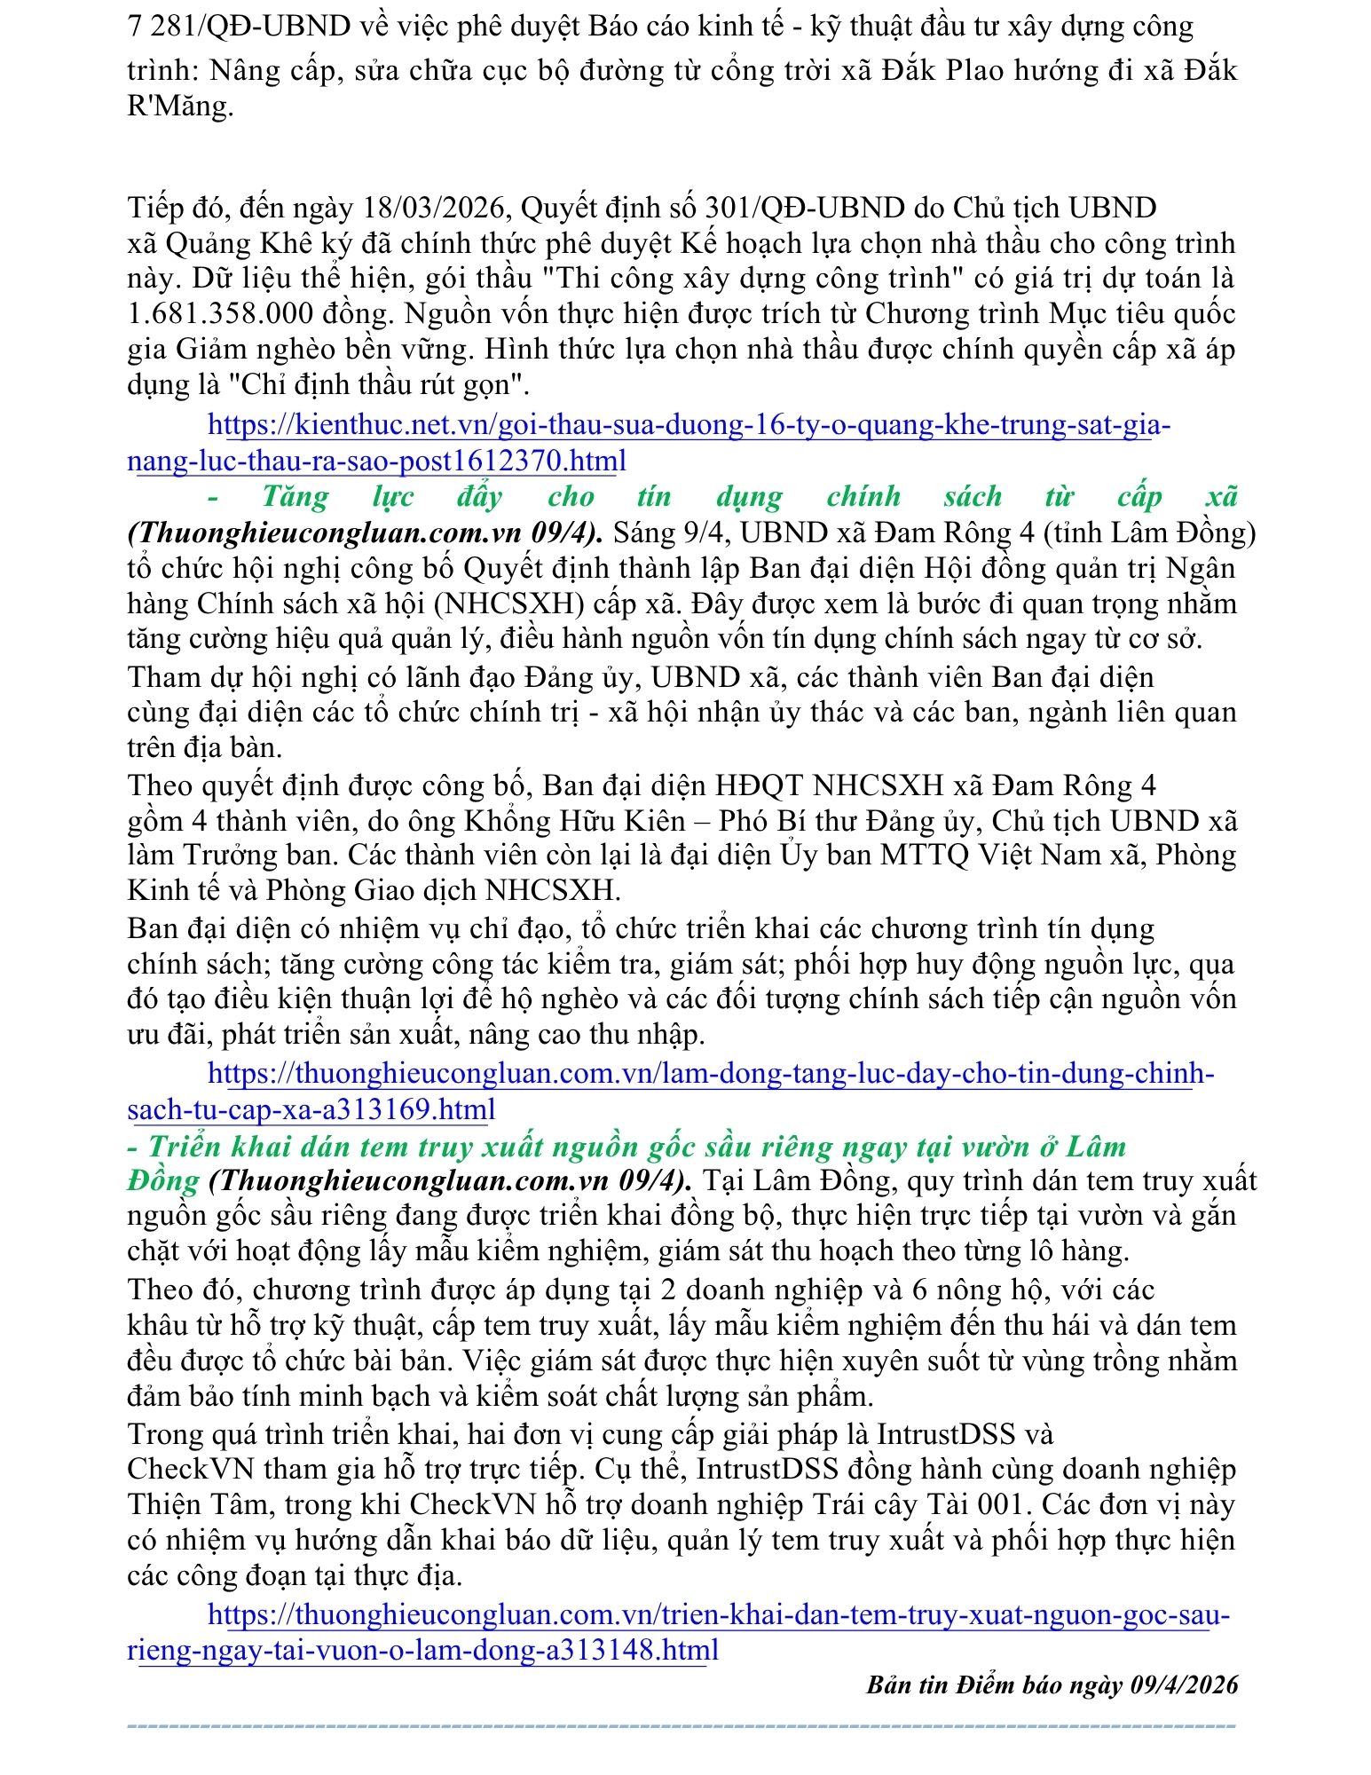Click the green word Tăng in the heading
pyautogui.click(x=295, y=496)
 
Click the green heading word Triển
pyautogui.click(x=184, y=1147)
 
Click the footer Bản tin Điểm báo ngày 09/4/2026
pyautogui.click(x=1052, y=1684)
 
